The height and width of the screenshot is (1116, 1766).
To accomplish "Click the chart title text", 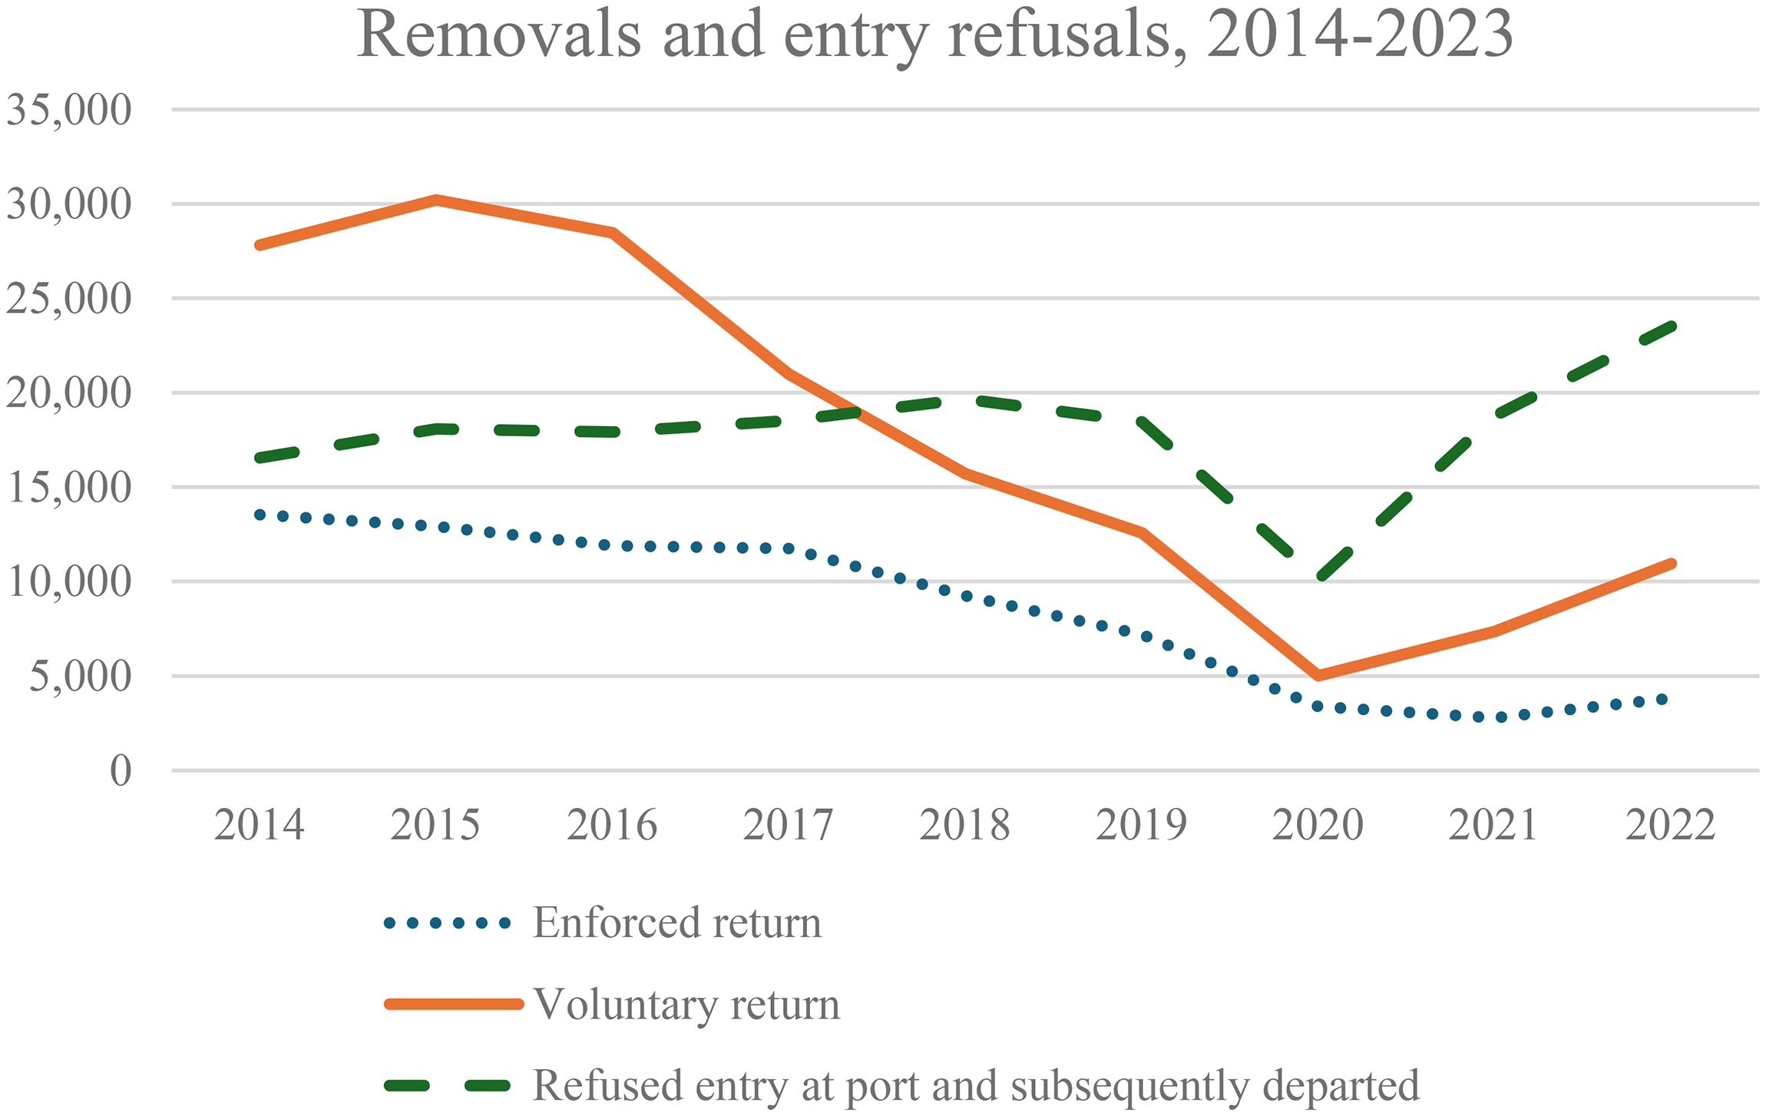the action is click(934, 35).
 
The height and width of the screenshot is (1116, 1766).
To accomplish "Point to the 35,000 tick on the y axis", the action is click(69, 110).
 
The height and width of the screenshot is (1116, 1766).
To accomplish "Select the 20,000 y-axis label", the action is click(69, 393).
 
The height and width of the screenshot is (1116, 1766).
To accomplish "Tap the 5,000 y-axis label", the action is click(81, 677).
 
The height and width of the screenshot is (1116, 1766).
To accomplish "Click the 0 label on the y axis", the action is click(121, 770).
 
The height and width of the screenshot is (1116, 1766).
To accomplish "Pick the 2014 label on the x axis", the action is click(259, 825).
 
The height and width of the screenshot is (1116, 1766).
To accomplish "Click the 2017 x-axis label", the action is click(788, 825).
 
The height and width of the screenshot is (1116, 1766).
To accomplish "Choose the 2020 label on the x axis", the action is click(1318, 825).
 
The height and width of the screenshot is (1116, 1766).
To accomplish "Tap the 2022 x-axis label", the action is click(1670, 825).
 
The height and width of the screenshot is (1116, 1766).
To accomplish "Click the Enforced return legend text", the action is click(677, 922).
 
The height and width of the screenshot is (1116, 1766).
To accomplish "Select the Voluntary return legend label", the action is click(686, 1004).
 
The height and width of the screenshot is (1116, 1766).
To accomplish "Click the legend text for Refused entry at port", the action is click(976, 1086).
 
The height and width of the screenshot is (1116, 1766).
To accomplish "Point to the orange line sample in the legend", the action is click(454, 1004).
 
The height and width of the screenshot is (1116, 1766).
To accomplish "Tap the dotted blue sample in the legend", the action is click(448, 923).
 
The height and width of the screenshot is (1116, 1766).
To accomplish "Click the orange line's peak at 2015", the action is click(435, 200).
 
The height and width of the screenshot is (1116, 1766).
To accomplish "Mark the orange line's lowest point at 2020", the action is click(1318, 676).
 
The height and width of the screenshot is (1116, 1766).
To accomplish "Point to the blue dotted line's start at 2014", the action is click(260, 515).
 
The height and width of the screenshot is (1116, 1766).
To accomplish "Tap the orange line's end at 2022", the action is click(1672, 564).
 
